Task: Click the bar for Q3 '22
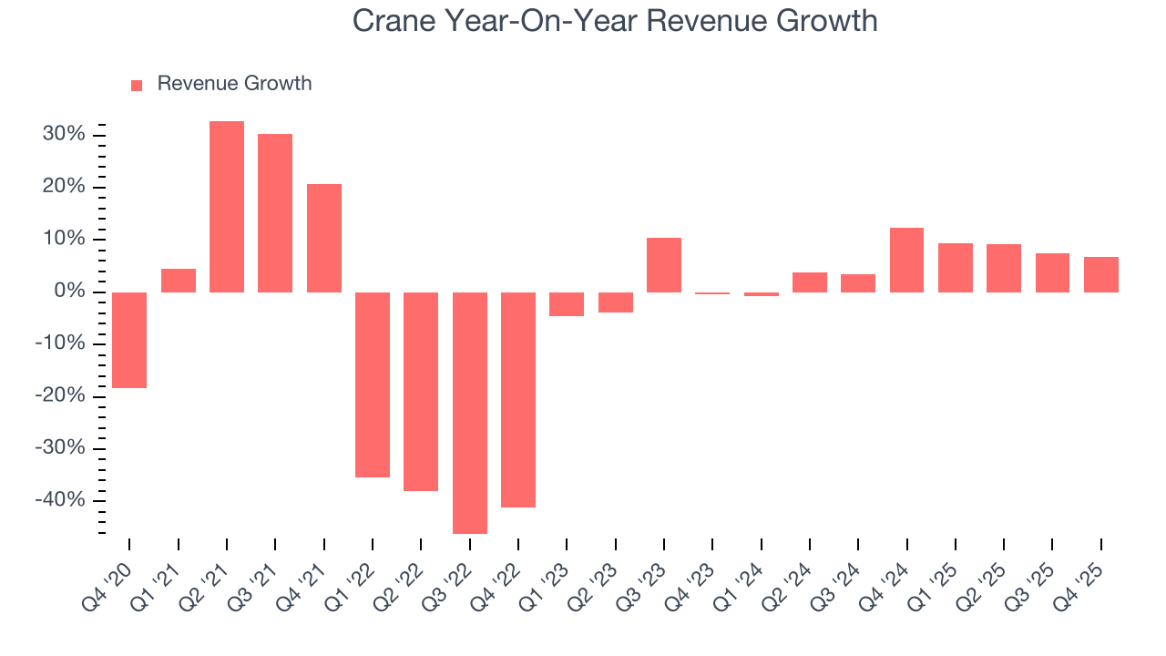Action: pos(470,413)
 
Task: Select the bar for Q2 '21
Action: pos(227,207)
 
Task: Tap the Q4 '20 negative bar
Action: pos(129,340)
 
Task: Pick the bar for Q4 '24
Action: pos(906,260)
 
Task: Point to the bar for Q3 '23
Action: pos(664,265)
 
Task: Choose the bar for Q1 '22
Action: pos(373,384)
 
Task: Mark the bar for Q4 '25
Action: pos(1101,274)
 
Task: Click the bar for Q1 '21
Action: pos(179,281)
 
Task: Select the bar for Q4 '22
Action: pos(518,399)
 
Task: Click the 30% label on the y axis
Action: pos(64,135)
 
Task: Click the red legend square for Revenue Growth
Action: pos(137,85)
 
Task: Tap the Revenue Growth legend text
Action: pos(234,84)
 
